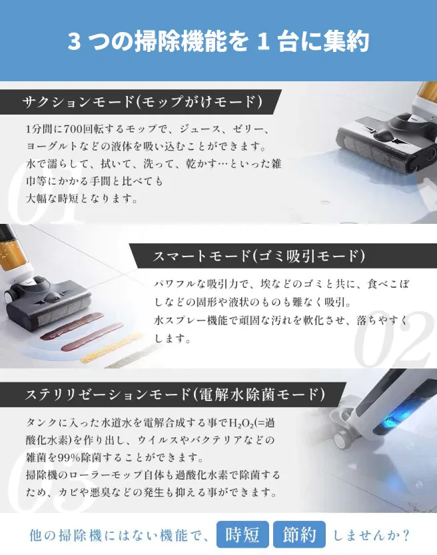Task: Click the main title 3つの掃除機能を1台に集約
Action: click(218, 41)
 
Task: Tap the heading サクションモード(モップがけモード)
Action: click(143, 102)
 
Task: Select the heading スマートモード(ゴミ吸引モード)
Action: click(258, 256)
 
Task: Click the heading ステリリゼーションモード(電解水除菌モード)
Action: click(175, 394)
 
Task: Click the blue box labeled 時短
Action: click(242, 534)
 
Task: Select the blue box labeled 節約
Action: click(299, 534)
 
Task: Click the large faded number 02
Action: click(394, 339)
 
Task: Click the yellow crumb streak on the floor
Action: click(111, 348)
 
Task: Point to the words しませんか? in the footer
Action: click(372, 535)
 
